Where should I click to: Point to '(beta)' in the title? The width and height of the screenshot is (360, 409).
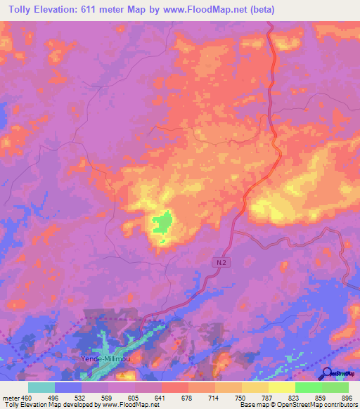click(262, 10)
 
